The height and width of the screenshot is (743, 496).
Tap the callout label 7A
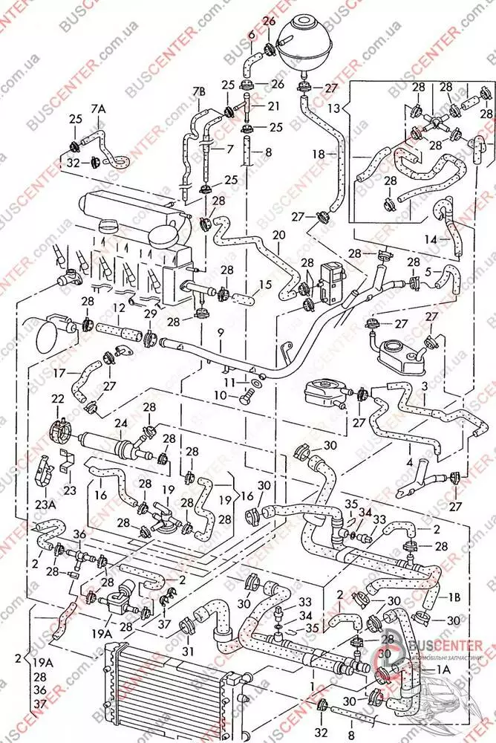coord(99,109)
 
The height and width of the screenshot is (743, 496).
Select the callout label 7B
coord(198,91)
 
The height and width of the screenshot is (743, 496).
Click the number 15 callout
coord(264,285)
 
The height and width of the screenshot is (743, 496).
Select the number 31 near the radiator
coord(187,651)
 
